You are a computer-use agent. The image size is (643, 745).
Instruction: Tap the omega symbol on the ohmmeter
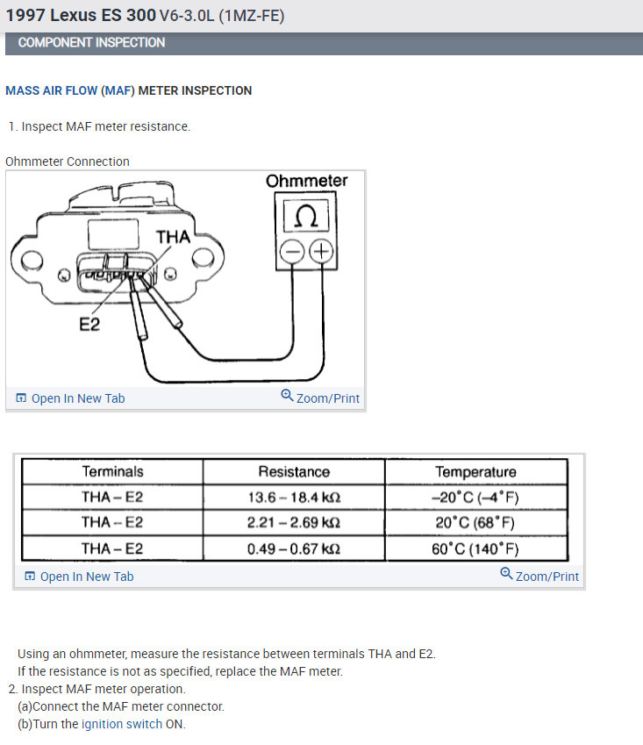[306, 216]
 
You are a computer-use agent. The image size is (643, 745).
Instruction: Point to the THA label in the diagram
[173, 237]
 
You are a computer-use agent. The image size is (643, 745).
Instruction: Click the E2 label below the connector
[89, 325]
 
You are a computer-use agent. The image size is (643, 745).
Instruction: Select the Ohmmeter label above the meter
[306, 181]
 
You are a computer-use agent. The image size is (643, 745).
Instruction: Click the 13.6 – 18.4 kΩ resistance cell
[294, 497]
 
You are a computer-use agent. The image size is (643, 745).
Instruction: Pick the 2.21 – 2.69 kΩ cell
[294, 522]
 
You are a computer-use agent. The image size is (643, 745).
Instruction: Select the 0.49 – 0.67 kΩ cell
[294, 549]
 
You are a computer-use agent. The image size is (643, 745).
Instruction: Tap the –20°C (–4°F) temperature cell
[475, 497]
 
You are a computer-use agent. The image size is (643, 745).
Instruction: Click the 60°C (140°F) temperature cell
[475, 549]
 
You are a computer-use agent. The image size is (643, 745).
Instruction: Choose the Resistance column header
[294, 471]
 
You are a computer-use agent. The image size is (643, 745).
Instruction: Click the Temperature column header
[475, 471]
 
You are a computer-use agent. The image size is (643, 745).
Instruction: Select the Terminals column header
[112, 471]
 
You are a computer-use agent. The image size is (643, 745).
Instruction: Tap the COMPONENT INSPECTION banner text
[91, 42]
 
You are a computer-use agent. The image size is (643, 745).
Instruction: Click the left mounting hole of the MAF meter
[30, 259]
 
